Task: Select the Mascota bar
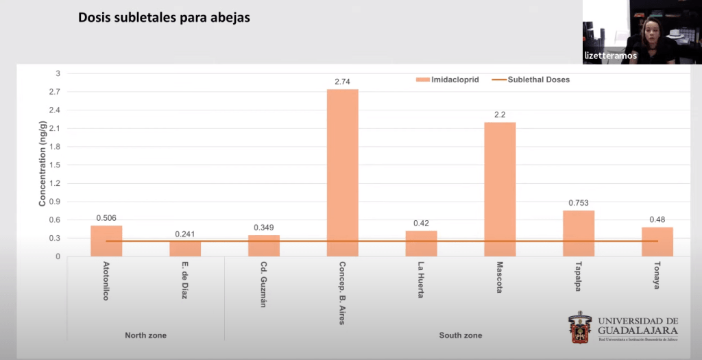pyautogui.click(x=500, y=189)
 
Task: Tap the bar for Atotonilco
pyautogui.click(x=106, y=241)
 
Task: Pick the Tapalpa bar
pyautogui.click(x=579, y=233)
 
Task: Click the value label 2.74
pyautogui.click(x=342, y=82)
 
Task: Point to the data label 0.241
pyautogui.click(x=184, y=233)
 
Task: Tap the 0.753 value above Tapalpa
pyautogui.click(x=579, y=203)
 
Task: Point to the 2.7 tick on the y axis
pyautogui.click(x=54, y=92)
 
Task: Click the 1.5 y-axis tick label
pyautogui.click(x=54, y=165)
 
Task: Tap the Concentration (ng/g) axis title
pyautogui.click(x=42, y=164)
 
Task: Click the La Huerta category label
pyautogui.click(x=421, y=280)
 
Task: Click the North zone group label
pyautogui.click(x=145, y=335)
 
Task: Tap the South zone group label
pyautogui.click(x=460, y=335)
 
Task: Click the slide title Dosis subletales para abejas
pyautogui.click(x=164, y=18)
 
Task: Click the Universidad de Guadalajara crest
pyautogui.click(x=579, y=328)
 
